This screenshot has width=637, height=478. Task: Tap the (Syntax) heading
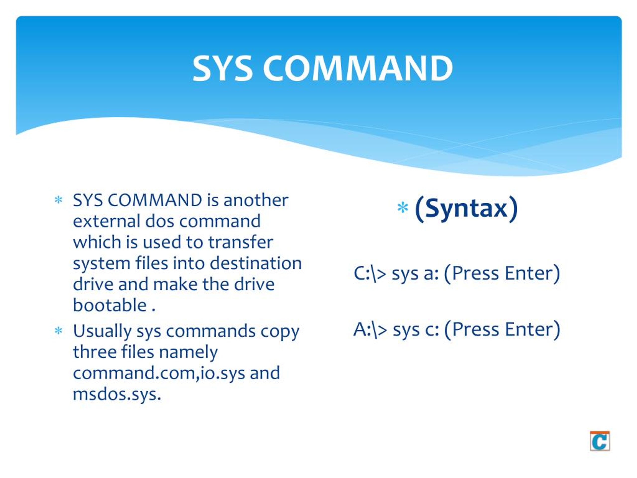(x=466, y=208)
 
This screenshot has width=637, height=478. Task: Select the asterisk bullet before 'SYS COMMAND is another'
(x=58, y=200)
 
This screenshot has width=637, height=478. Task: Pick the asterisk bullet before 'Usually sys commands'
(x=58, y=331)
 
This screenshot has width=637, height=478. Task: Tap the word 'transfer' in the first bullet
(x=240, y=242)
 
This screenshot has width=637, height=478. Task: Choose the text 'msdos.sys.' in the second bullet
(x=117, y=394)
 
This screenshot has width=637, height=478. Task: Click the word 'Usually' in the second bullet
(x=102, y=331)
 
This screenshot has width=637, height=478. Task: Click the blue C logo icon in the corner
(x=600, y=441)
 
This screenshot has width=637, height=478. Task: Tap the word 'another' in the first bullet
(x=256, y=200)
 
